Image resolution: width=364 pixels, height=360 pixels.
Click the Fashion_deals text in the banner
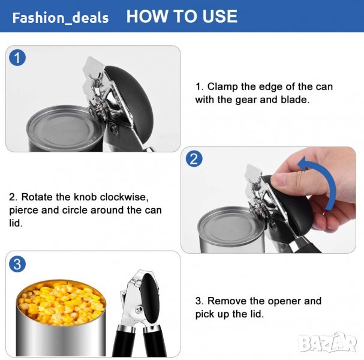click(61, 18)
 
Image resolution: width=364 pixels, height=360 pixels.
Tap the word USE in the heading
click(220, 16)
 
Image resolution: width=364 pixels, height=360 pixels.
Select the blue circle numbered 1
click(17, 58)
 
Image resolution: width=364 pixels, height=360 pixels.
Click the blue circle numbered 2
click(194, 159)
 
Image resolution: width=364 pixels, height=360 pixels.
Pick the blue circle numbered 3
click(17, 264)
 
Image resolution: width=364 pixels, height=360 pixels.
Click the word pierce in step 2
click(23, 211)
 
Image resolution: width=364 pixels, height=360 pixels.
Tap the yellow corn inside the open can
click(61, 302)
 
